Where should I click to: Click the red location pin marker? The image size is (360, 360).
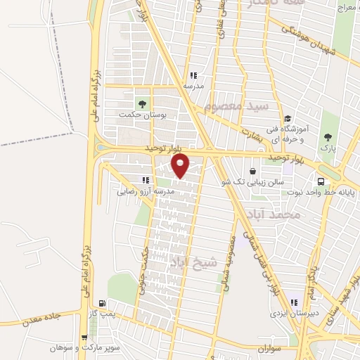click(x=181, y=166)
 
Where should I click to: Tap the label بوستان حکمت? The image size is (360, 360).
click(x=141, y=115)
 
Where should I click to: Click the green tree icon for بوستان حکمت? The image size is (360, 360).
click(x=143, y=104)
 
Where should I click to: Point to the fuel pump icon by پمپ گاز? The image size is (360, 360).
click(x=103, y=304)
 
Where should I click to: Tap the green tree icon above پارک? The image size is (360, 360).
click(x=326, y=137)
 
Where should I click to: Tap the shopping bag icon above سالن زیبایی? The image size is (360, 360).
click(x=252, y=171)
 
